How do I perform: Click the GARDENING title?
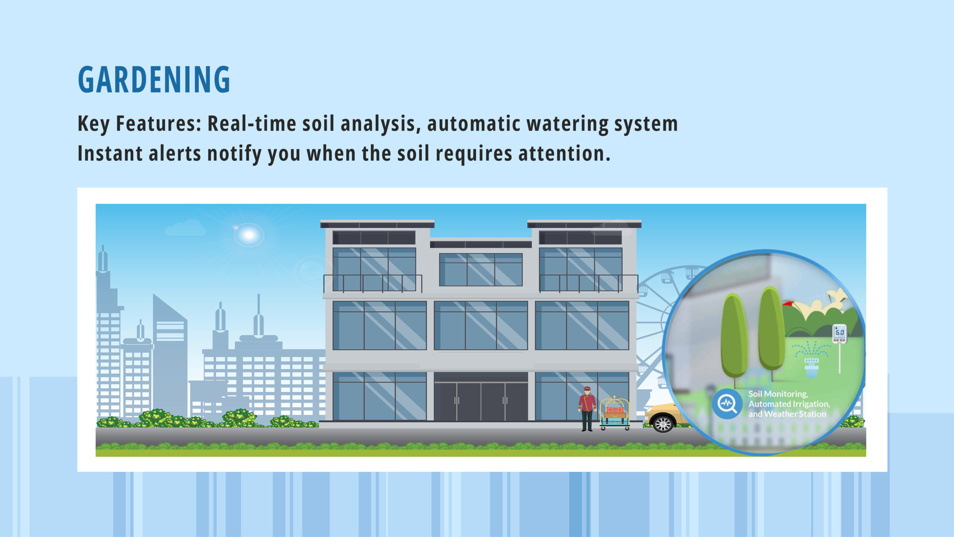pyautogui.click(x=154, y=79)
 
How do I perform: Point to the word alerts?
pyautogui.click(x=175, y=153)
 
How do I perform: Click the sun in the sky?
pyautogui.click(x=249, y=235)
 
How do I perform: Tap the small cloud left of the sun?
pyautogui.click(x=185, y=228)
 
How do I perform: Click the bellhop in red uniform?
pyautogui.click(x=587, y=409)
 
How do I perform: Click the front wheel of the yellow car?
pyautogui.click(x=663, y=424)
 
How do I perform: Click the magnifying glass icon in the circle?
pyautogui.click(x=726, y=404)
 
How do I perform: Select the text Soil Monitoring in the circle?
pyautogui.click(x=778, y=394)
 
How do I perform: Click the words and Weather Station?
pyautogui.click(x=787, y=414)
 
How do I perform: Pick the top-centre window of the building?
pyautogui.click(x=481, y=270)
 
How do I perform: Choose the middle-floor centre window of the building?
pyautogui.click(x=481, y=325)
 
